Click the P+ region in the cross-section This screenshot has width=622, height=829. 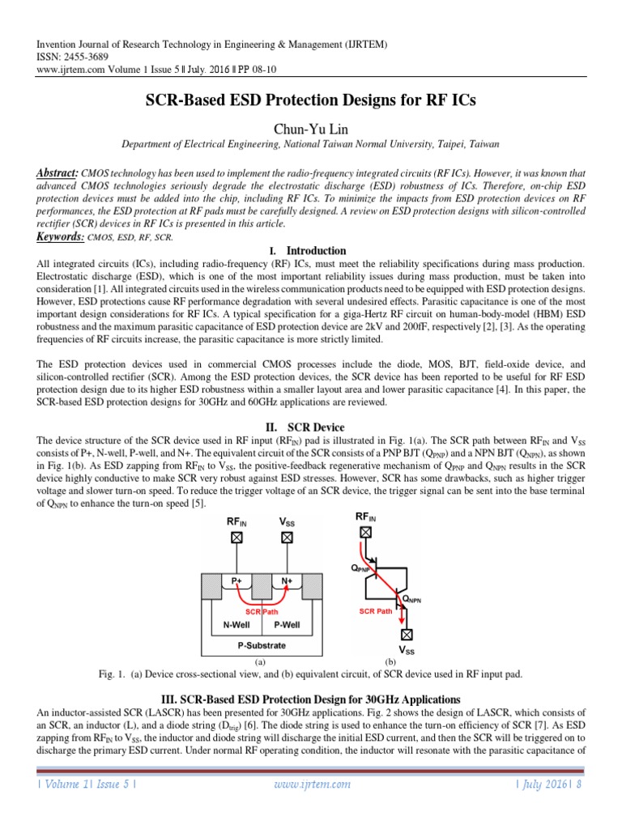point(236,580)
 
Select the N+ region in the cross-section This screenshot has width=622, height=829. point(287,580)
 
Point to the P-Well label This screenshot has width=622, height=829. point(286,624)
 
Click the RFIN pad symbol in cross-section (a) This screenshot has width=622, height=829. point(236,537)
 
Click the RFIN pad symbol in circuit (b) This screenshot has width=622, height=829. point(366,532)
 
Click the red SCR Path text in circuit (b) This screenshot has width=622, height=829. point(375,611)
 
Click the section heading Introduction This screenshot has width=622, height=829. point(316,251)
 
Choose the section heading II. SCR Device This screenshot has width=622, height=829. point(310,427)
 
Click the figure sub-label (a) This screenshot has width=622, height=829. point(260,661)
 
